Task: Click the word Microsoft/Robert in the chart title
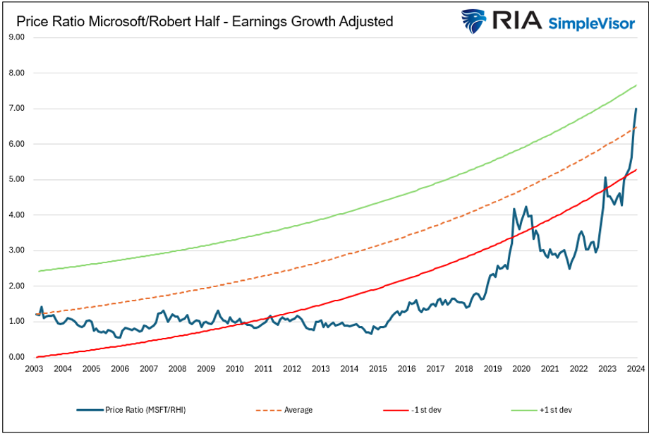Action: pos(118,22)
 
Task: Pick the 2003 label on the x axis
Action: pos(33,369)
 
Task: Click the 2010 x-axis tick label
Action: pos(234,369)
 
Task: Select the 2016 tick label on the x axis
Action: pos(406,369)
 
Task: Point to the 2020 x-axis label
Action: pos(521,369)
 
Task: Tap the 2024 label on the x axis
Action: pos(636,369)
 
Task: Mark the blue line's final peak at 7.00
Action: pos(636,109)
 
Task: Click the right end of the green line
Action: pos(636,85)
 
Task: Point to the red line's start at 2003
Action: pos(36,357)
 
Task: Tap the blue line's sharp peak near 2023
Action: pos(605,177)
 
